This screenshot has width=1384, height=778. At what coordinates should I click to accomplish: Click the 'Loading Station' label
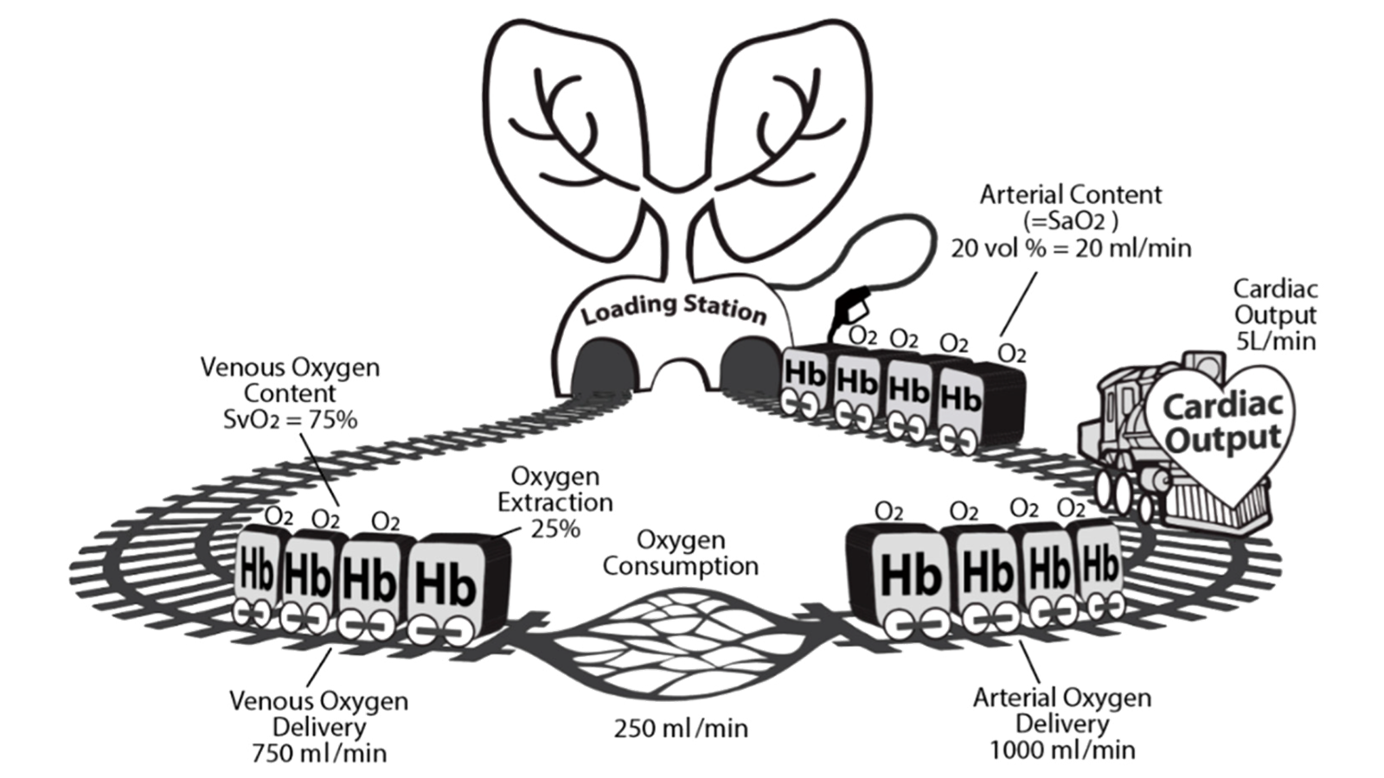673,309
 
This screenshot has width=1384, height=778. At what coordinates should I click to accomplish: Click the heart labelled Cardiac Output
1221,424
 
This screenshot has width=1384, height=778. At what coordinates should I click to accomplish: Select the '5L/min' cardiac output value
1275,341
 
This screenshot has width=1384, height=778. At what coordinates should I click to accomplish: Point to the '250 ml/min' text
681,728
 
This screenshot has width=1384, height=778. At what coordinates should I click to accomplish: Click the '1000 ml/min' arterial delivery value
1061,749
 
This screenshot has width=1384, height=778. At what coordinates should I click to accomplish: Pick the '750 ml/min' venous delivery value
319,752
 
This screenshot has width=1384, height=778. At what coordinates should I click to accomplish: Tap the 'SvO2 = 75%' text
290,420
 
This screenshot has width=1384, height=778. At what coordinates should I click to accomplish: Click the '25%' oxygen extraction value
555,528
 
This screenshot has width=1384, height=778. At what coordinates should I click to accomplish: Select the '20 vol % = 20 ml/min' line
1071,248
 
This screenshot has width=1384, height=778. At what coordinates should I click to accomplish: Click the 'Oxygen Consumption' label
681,553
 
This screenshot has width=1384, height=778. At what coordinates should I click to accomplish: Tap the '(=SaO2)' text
1071,220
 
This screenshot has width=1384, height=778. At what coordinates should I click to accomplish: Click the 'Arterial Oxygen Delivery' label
1061,710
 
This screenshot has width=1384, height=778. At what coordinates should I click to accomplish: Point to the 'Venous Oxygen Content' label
290,379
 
